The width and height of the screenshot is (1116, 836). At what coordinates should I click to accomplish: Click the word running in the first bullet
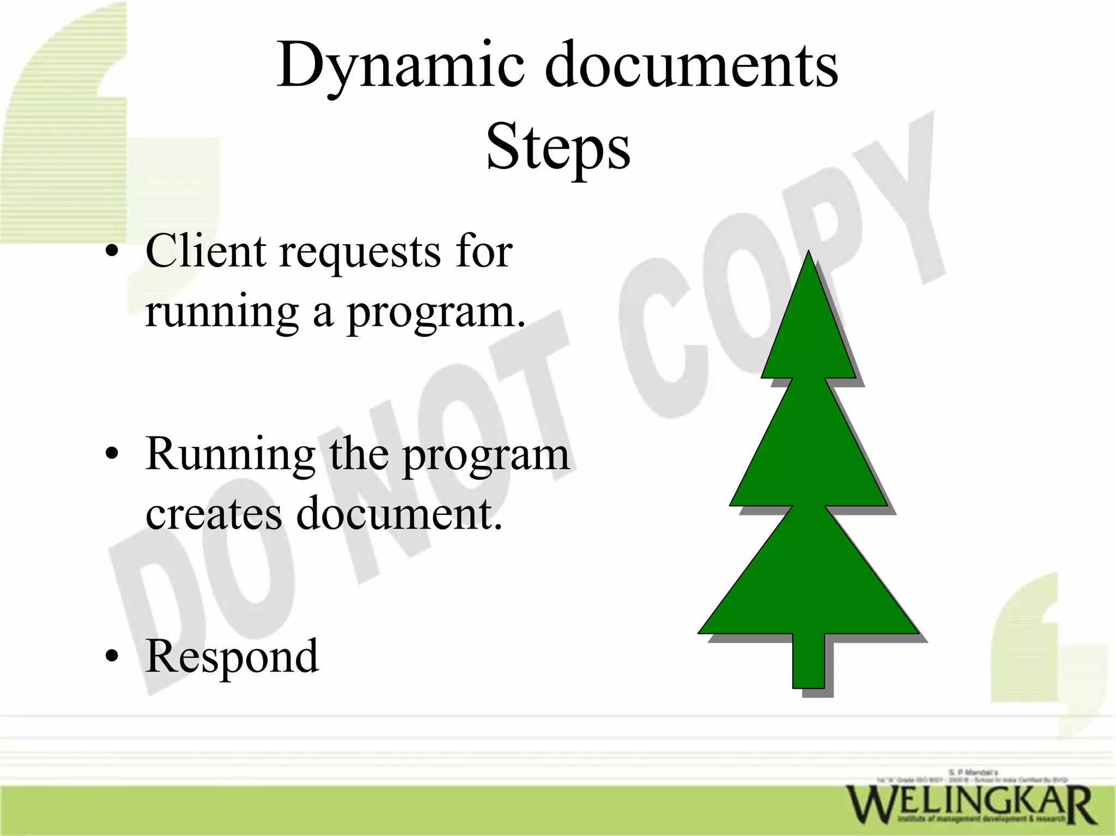coord(221,313)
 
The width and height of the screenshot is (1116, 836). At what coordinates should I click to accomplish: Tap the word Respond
coord(232,657)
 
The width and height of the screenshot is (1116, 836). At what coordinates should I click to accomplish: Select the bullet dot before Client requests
coord(112,252)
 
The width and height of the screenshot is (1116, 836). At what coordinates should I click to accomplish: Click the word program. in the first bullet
coord(436,314)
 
